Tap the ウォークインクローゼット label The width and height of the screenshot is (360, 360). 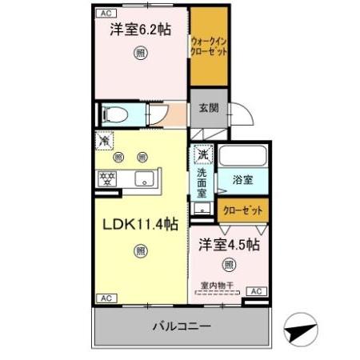point(209,46)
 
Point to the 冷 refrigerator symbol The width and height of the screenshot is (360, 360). point(104,141)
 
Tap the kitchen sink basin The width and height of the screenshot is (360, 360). point(145,178)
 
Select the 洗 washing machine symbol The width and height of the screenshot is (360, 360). point(203,154)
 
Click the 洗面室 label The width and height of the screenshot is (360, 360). point(203,182)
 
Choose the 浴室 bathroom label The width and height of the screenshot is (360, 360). point(242,180)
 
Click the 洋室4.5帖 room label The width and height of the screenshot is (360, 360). point(229,243)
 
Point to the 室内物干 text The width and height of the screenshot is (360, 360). point(218,285)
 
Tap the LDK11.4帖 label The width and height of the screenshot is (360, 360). point(139,226)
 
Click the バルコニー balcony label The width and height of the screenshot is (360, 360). point(182,327)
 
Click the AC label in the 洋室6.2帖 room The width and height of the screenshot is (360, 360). point(105,13)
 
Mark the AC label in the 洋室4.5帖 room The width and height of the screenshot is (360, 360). point(255,292)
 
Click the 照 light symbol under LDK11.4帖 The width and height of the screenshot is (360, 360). point(140,251)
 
